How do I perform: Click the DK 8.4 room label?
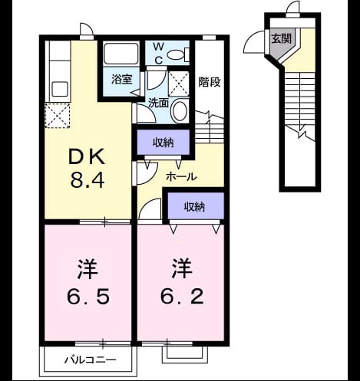click(x=87, y=168)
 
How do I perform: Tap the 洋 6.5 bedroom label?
click(x=88, y=281)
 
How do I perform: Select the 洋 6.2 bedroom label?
click(x=182, y=281)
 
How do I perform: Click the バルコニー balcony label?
click(x=90, y=360)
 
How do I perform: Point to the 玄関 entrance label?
click(x=281, y=38)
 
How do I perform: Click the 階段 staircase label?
click(x=210, y=82)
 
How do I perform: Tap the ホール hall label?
click(x=181, y=176)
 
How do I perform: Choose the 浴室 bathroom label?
click(x=121, y=79)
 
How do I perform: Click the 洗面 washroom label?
click(x=159, y=103)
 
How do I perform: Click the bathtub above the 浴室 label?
click(x=121, y=54)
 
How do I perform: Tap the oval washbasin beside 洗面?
click(x=180, y=110)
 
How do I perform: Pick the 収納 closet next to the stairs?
click(x=163, y=142)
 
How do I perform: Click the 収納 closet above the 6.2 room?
click(x=196, y=206)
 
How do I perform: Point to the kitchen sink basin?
click(x=60, y=89)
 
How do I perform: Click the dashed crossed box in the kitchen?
click(x=58, y=115)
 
